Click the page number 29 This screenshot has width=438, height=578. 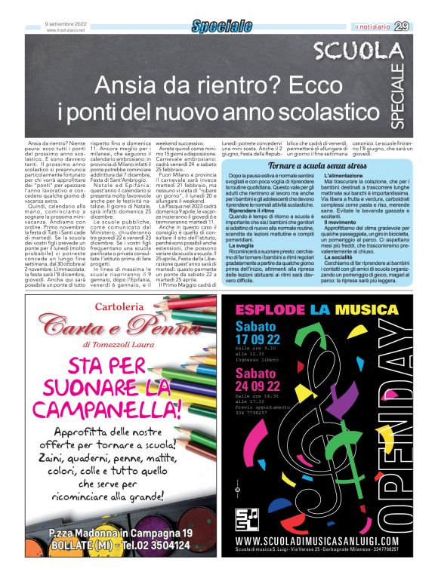[x=423, y=26]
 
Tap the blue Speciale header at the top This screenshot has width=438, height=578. [x=221, y=27]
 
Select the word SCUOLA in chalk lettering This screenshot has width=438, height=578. [x=369, y=52]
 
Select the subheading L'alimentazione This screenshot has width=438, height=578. [x=344, y=174]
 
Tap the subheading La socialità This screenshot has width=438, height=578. [x=339, y=256]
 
